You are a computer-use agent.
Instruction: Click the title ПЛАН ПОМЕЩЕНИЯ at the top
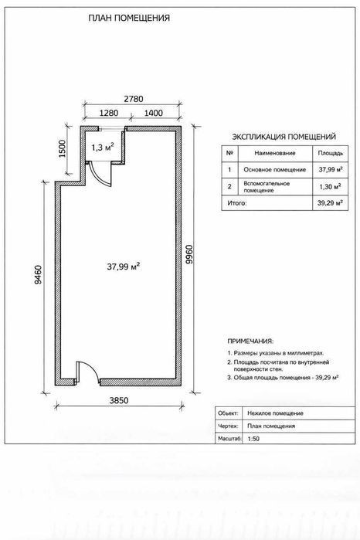[x=129, y=18]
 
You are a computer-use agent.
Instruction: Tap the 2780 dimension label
[x=134, y=99]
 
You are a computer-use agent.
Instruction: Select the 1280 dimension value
[x=108, y=113]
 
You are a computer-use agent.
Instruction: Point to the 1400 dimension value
[x=153, y=113]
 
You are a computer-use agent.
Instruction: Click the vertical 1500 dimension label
[x=62, y=148]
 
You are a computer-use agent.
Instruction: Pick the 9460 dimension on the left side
[x=38, y=274]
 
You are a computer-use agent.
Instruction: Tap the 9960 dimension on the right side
[x=189, y=254]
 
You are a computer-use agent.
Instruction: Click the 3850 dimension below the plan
[x=119, y=400]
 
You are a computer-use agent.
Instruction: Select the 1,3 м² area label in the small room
[x=103, y=147]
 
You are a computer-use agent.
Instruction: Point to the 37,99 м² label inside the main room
[x=123, y=267]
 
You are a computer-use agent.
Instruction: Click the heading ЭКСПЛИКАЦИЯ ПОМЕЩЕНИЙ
[x=284, y=137]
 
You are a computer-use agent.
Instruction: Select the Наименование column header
[x=275, y=153]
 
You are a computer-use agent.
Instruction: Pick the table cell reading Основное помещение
[x=275, y=170]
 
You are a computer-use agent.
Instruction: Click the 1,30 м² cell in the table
[x=330, y=187]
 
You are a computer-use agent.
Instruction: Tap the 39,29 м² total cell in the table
[x=330, y=203]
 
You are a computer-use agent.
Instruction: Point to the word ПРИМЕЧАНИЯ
[x=250, y=341]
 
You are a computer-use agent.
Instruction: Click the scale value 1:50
[x=253, y=439]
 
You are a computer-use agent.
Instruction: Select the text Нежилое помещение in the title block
[x=275, y=413]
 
